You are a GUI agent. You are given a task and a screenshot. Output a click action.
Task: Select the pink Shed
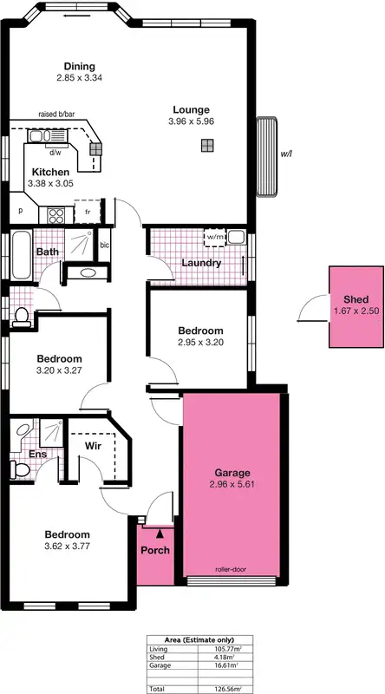coord(356,305)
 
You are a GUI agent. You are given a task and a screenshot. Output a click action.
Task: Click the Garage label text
coord(232,473)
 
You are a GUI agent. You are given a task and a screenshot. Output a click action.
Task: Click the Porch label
coord(155,551)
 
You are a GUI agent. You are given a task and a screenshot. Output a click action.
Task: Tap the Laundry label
coord(200,263)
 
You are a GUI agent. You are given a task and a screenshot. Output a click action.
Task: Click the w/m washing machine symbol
coord(214,236)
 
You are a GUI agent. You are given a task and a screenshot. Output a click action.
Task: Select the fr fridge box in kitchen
coord(88,211)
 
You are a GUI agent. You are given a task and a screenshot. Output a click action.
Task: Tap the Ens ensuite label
coord(37,454)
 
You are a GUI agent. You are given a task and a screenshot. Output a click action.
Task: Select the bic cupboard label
coord(105,246)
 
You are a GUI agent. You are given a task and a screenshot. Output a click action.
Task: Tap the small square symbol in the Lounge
coord(206,147)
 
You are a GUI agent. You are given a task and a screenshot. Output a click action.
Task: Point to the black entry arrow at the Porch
coord(159,535)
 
